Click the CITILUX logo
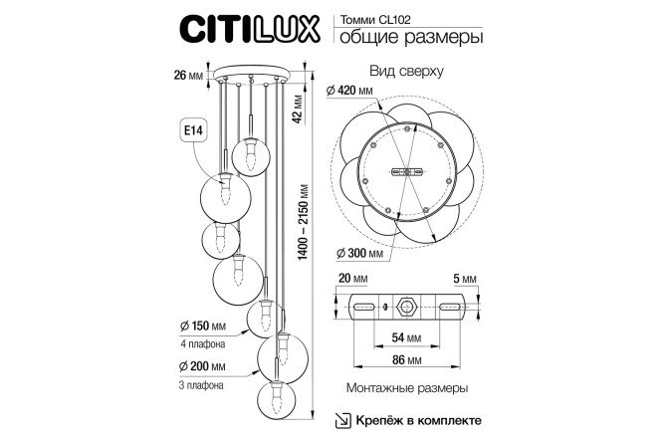click(x=250, y=28)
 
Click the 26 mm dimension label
click(x=188, y=76)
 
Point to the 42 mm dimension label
click(x=298, y=110)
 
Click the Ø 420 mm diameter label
click(x=349, y=90)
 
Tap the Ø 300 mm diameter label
click(x=359, y=254)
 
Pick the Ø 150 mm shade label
click(x=202, y=327)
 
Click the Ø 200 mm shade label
click(x=202, y=366)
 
